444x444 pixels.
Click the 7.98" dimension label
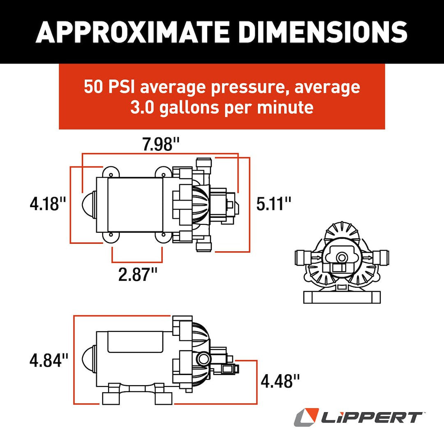click(x=160, y=145)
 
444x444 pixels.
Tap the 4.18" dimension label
click(x=48, y=203)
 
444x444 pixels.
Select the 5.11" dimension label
click(x=274, y=203)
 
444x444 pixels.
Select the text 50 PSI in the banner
click(x=108, y=87)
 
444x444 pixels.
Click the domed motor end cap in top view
click(x=89, y=204)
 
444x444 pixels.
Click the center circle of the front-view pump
click(x=341, y=258)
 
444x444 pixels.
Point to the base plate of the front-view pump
click(x=342, y=297)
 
